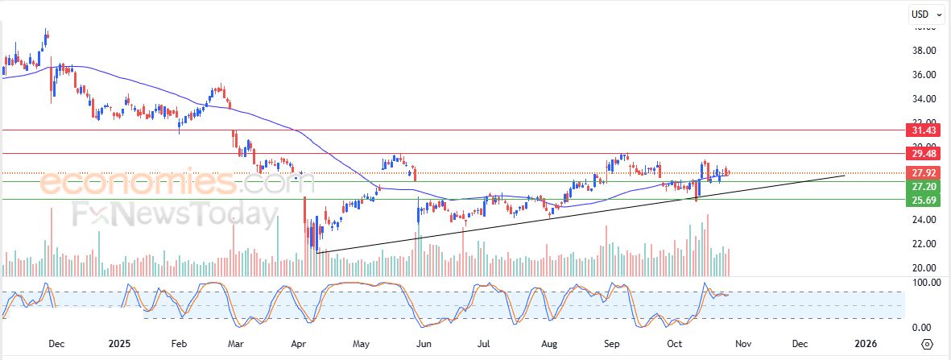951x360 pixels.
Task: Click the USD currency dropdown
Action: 923,14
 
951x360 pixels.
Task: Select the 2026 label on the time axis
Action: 866,344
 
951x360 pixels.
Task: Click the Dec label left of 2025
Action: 56,344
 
